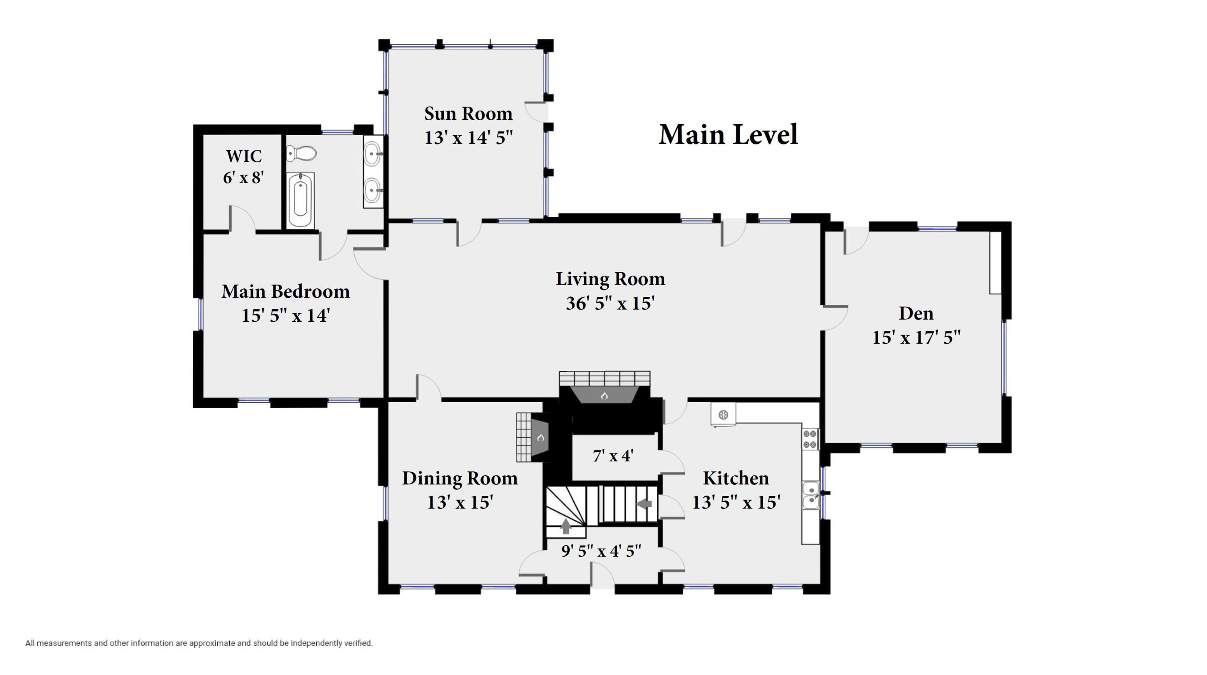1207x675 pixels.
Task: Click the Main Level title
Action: pos(728,135)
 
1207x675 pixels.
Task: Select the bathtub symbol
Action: pos(301,200)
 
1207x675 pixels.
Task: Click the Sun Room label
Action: pos(468,114)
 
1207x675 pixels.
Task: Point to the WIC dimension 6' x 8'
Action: pos(243,178)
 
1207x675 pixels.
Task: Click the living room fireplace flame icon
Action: pos(604,396)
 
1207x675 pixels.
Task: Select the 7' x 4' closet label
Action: pos(613,456)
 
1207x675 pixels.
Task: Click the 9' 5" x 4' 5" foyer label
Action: pos(601,551)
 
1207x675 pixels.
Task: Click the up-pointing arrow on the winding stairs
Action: pos(566,526)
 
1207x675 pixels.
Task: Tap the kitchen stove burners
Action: pos(810,439)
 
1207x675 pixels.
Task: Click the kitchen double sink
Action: pos(811,496)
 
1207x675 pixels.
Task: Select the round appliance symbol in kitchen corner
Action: pos(723,415)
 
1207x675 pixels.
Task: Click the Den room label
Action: pos(916,313)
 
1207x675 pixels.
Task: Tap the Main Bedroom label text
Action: pos(285,291)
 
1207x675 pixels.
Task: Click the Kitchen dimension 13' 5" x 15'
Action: pos(736,502)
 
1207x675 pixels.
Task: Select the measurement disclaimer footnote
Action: pos(199,643)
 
